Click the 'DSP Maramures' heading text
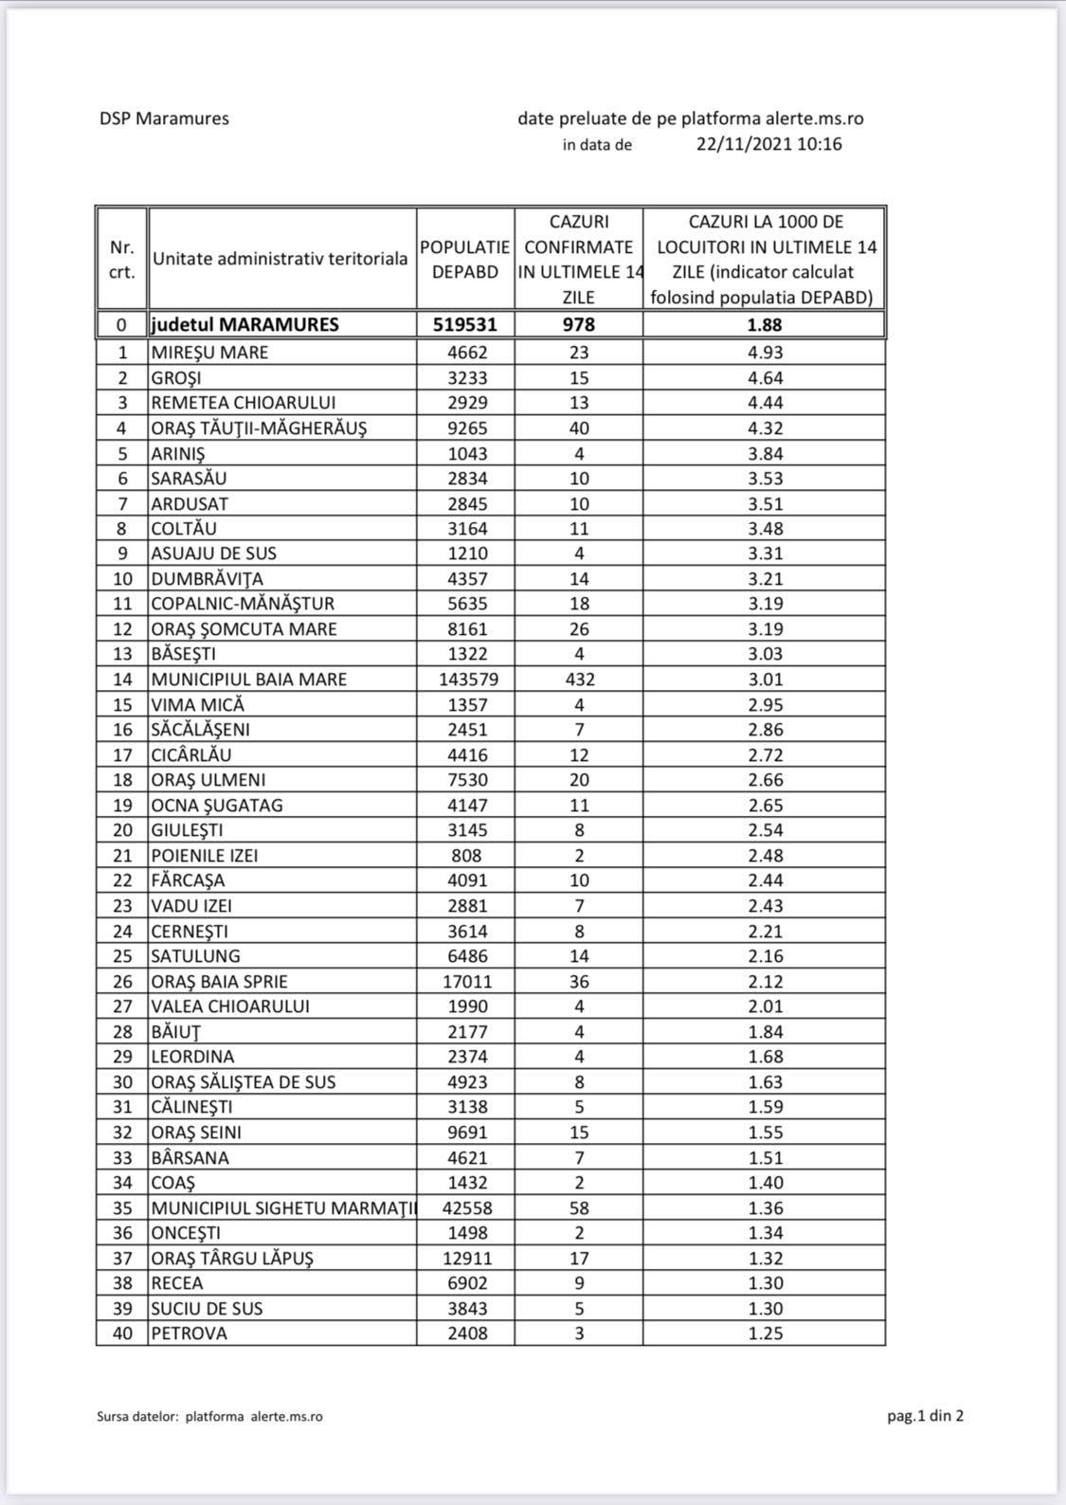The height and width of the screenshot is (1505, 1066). pos(164,118)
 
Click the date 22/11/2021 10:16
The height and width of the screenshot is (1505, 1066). pos(768,144)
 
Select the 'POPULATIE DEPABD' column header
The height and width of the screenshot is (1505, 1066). pos(465,259)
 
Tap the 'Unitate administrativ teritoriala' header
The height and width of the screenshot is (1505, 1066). pos(280,259)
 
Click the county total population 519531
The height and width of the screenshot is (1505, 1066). pos(465,324)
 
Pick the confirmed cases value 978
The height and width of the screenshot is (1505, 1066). pos(578,324)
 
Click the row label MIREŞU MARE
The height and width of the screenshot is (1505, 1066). pos(209,353)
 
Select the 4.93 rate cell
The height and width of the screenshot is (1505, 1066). pos(765,353)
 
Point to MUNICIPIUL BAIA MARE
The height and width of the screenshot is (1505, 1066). pos(249,680)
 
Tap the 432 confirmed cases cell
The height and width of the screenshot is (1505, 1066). pos(579,680)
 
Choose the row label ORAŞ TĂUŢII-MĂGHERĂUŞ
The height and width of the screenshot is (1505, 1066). pos(259,427)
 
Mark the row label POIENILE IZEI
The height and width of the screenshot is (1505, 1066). pos(205,856)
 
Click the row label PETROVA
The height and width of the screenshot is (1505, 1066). pos(190,1333)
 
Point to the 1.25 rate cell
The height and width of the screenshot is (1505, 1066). pos(765,1333)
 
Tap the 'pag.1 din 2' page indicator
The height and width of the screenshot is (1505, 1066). pos(925,1416)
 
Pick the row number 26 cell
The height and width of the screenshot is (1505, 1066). pos(122,982)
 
